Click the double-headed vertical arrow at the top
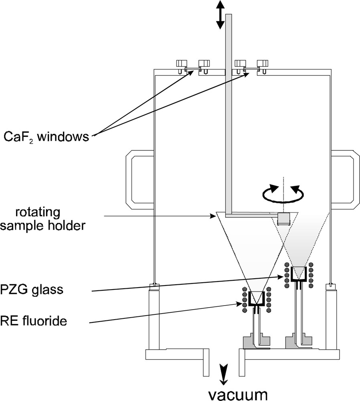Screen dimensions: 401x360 click(x=220, y=14)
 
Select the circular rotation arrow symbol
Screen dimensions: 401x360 click(x=282, y=193)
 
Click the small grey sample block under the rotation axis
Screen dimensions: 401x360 click(x=283, y=219)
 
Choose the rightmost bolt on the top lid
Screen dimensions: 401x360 click(x=263, y=64)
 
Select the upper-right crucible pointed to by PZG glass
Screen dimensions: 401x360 click(x=298, y=275)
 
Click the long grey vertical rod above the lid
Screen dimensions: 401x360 click(x=229, y=40)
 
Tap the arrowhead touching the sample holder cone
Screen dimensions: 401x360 click(x=213, y=217)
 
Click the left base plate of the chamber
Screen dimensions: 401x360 click(x=176, y=354)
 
